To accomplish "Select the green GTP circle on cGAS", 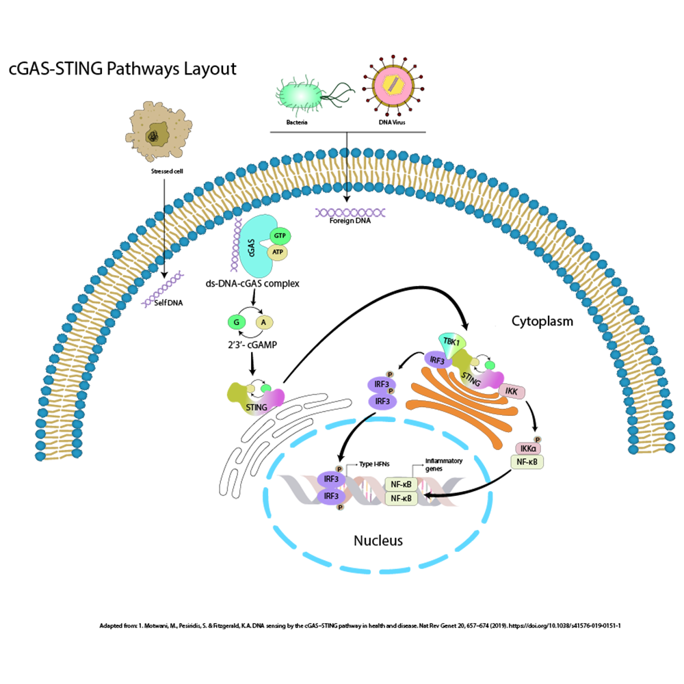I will pos(279,235).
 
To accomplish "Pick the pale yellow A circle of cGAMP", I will pos(263,322).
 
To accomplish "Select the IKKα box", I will pos(528,449).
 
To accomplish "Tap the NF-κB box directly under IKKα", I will pos(528,462).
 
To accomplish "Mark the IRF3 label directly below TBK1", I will pos(438,358).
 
